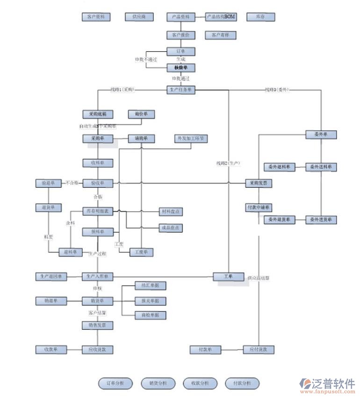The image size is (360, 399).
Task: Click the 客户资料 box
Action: point(96,17)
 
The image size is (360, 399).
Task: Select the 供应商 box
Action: point(139,17)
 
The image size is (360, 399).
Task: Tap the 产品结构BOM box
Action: point(221,17)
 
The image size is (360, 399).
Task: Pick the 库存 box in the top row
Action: point(260,17)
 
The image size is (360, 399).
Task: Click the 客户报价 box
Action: point(180,35)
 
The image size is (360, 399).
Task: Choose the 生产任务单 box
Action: point(180,90)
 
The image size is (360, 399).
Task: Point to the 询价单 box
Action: point(141,114)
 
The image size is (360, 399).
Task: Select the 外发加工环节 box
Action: point(191,139)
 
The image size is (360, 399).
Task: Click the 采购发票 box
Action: point(259,184)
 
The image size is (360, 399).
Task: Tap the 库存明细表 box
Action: point(98,212)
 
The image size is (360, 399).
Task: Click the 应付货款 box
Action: point(259,349)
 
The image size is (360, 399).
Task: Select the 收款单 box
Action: point(51,349)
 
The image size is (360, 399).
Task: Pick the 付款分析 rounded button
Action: point(242,384)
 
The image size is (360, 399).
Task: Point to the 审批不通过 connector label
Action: point(146,60)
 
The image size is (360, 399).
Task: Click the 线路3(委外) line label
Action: point(277,89)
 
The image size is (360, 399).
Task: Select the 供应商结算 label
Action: point(259,278)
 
